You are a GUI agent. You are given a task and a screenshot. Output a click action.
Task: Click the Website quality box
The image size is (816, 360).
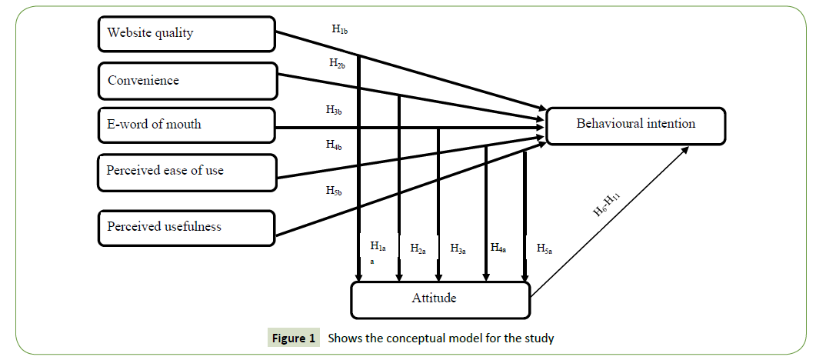tap(187, 34)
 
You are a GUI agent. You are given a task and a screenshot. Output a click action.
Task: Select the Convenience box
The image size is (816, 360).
tap(187, 81)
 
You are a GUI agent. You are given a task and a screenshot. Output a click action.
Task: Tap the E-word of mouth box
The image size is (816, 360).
tap(187, 125)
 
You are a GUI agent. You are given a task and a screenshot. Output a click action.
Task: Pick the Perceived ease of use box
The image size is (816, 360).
tap(187, 171)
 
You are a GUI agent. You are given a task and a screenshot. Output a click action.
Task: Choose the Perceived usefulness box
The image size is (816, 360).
tap(187, 227)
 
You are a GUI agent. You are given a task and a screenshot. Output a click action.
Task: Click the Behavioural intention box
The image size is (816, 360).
tap(635, 125)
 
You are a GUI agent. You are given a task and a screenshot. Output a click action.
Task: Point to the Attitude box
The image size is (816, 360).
tap(441, 299)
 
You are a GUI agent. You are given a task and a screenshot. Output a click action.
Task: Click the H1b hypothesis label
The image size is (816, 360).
tap(341, 29)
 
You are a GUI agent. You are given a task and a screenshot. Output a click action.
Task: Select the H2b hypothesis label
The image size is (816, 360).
tap(337, 64)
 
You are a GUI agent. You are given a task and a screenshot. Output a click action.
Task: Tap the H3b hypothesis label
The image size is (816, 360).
tap(334, 110)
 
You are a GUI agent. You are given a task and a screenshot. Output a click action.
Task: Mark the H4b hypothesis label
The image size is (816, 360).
tap(334, 144)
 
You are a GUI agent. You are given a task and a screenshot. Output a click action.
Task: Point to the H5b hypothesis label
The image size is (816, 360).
tap(334, 190)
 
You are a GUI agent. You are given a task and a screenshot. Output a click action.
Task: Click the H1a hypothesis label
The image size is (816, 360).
tap(378, 247)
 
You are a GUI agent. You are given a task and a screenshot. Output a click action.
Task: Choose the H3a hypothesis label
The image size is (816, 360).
tap(458, 248)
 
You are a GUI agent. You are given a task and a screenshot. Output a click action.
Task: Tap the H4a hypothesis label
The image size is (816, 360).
tap(498, 248)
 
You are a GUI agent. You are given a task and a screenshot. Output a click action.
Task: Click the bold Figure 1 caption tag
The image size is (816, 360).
tap(293, 338)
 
